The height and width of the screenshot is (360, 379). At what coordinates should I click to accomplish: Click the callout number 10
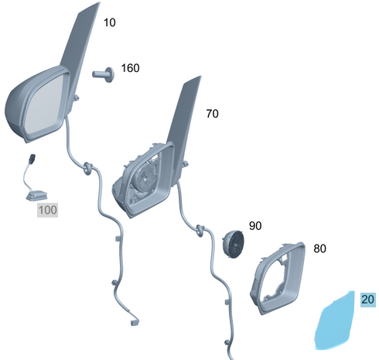pos(110,22)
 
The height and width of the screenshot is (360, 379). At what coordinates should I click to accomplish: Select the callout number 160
pos(130,68)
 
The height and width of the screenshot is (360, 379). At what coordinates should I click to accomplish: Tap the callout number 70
pos(212,114)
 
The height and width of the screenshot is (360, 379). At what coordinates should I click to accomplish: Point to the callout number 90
pos(255,226)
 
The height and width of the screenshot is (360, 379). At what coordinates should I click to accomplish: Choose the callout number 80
pos(319,249)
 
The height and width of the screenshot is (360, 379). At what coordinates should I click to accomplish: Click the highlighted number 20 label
pos(368,300)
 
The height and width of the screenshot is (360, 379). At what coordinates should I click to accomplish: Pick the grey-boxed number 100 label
pos(47,210)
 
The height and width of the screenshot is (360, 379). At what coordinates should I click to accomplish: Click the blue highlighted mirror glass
pos(334,321)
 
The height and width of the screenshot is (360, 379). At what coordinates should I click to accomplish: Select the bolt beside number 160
pos(104,74)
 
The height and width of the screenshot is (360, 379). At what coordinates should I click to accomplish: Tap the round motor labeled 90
pos(234,244)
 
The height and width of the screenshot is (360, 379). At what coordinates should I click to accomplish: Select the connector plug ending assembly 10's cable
pos(135,322)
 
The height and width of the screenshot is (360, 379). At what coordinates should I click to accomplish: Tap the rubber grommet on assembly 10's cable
pos(87,168)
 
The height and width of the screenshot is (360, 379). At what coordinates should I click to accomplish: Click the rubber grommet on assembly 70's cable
pos(200,231)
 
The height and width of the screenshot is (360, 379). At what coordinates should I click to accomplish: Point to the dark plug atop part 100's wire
pos(32,159)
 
